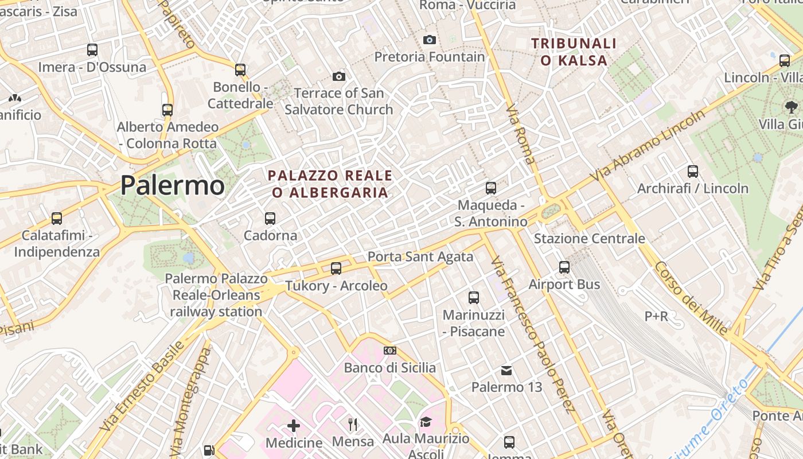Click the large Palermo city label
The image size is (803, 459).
tap(172, 185)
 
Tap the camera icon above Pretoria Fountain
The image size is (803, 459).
tap(429, 40)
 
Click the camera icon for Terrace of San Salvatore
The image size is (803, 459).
tap(339, 76)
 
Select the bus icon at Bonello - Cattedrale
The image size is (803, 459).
tap(240, 70)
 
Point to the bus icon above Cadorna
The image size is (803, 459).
tap(270, 219)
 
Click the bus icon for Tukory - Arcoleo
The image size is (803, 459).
tap(336, 269)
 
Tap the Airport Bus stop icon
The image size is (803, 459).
tap(564, 267)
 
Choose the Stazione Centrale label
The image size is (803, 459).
tap(589, 239)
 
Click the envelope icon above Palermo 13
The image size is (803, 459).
tap(506, 371)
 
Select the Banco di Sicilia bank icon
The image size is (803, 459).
tap(390, 351)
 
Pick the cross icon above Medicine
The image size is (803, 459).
tap(294, 425)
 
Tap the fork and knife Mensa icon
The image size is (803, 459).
tap(353, 425)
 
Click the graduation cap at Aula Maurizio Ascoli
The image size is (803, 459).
tap(425, 423)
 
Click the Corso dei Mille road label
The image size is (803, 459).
tap(691, 298)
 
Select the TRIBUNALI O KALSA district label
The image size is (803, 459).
tap(574, 52)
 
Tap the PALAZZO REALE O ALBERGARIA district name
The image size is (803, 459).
tap(330, 184)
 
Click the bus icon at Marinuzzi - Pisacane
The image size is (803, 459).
tap(474, 298)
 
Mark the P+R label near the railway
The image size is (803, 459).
tap(656, 316)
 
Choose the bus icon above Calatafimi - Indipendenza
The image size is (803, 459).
tap(57, 219)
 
